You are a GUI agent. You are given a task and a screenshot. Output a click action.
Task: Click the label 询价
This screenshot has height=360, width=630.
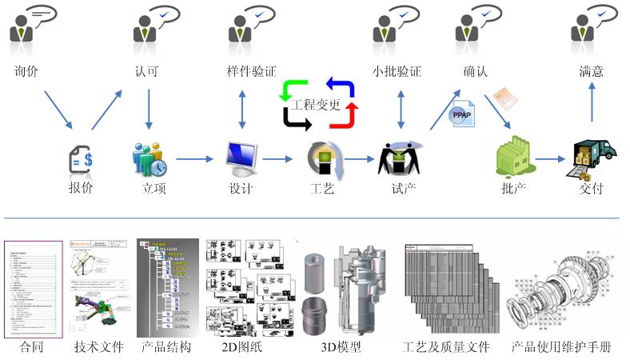coord(26,71)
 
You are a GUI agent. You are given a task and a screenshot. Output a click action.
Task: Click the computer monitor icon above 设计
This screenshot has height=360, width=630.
coord(241,158)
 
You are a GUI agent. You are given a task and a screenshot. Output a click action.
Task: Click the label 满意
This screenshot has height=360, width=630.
coord(592,71)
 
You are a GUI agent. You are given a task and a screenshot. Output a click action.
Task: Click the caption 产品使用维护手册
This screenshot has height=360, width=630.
coord(561,348)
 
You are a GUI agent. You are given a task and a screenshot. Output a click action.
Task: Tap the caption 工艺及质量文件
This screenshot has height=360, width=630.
coord(445,348)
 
